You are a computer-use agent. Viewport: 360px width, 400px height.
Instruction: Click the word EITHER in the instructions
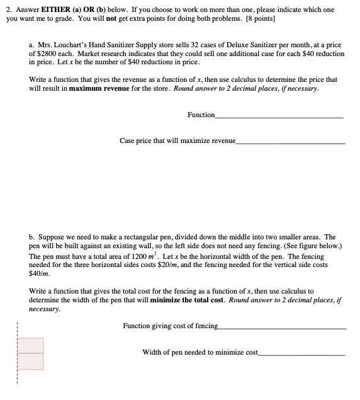58,11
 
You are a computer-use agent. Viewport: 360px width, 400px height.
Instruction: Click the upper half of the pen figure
31,346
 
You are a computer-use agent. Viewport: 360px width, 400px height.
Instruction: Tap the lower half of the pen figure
31,362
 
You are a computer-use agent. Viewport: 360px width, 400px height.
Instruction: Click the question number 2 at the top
9,11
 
